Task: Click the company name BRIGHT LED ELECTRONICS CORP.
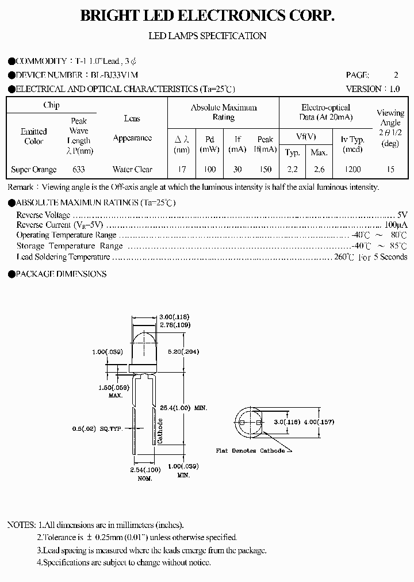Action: point(207,16)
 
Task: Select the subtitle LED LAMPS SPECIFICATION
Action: point(207,36)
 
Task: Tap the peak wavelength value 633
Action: point(79,170)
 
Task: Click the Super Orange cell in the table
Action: point(34,170)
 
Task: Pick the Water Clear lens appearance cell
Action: point(132,170)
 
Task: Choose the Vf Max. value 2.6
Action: point(319,170)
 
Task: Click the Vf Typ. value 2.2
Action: point(293,170)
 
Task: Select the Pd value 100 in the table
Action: point(210,170)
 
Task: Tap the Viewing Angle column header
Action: point(390,128)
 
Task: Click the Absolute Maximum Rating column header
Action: point(224,112)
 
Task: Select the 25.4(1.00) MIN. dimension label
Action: point(185,408)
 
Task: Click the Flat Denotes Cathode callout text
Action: point(250,451)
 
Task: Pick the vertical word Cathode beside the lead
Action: point(160,431)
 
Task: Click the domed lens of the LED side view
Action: point(143,342)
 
